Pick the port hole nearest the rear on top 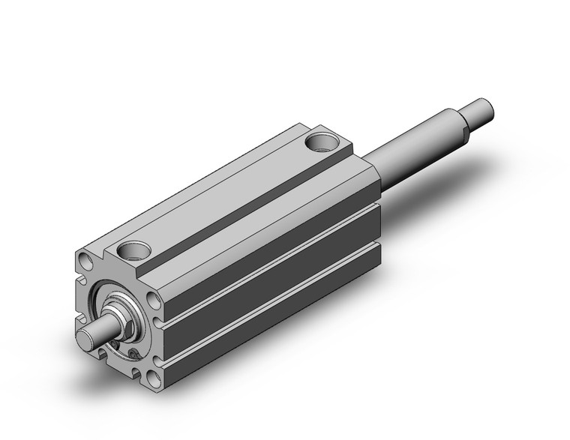(324, 139)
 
